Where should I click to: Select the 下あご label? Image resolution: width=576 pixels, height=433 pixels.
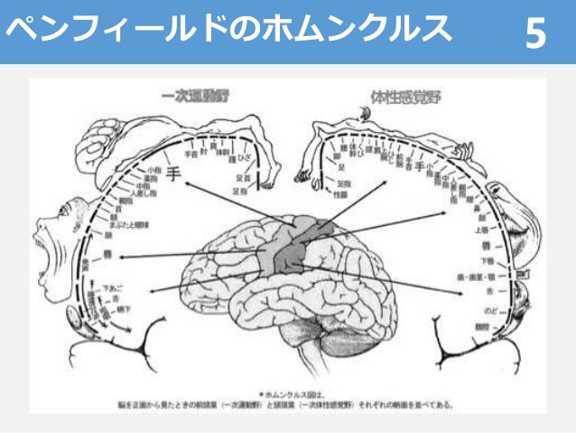click(x=112, y=287)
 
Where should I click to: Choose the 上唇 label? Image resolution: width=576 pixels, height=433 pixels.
click(x=482, y=229)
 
